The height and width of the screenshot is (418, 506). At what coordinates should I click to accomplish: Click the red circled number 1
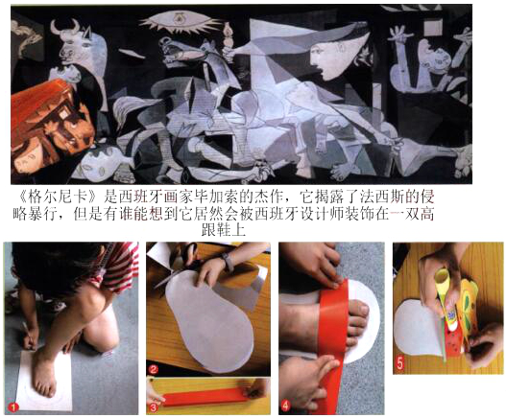tap(13, 407)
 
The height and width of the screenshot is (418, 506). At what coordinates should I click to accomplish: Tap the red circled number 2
tap(153, 369)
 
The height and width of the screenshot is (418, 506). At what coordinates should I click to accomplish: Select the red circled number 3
tap(153, 407)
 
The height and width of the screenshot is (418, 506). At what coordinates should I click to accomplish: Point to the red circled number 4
tap(285, 406)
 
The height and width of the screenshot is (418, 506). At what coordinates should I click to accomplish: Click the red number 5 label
tap(400, 364)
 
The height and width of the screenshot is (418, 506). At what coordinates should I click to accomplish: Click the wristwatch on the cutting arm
tap(228, 262)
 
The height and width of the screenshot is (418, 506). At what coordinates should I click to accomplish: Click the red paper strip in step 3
tap(206, 397)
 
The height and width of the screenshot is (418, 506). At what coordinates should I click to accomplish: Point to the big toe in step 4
tap(359, 311)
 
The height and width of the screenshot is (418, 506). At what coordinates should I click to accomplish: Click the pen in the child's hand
tap(29, 336)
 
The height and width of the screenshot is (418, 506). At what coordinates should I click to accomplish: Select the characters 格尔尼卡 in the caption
tap(58, 197)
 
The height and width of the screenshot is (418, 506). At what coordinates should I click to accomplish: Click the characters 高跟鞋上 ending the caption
tap(224, 229)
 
